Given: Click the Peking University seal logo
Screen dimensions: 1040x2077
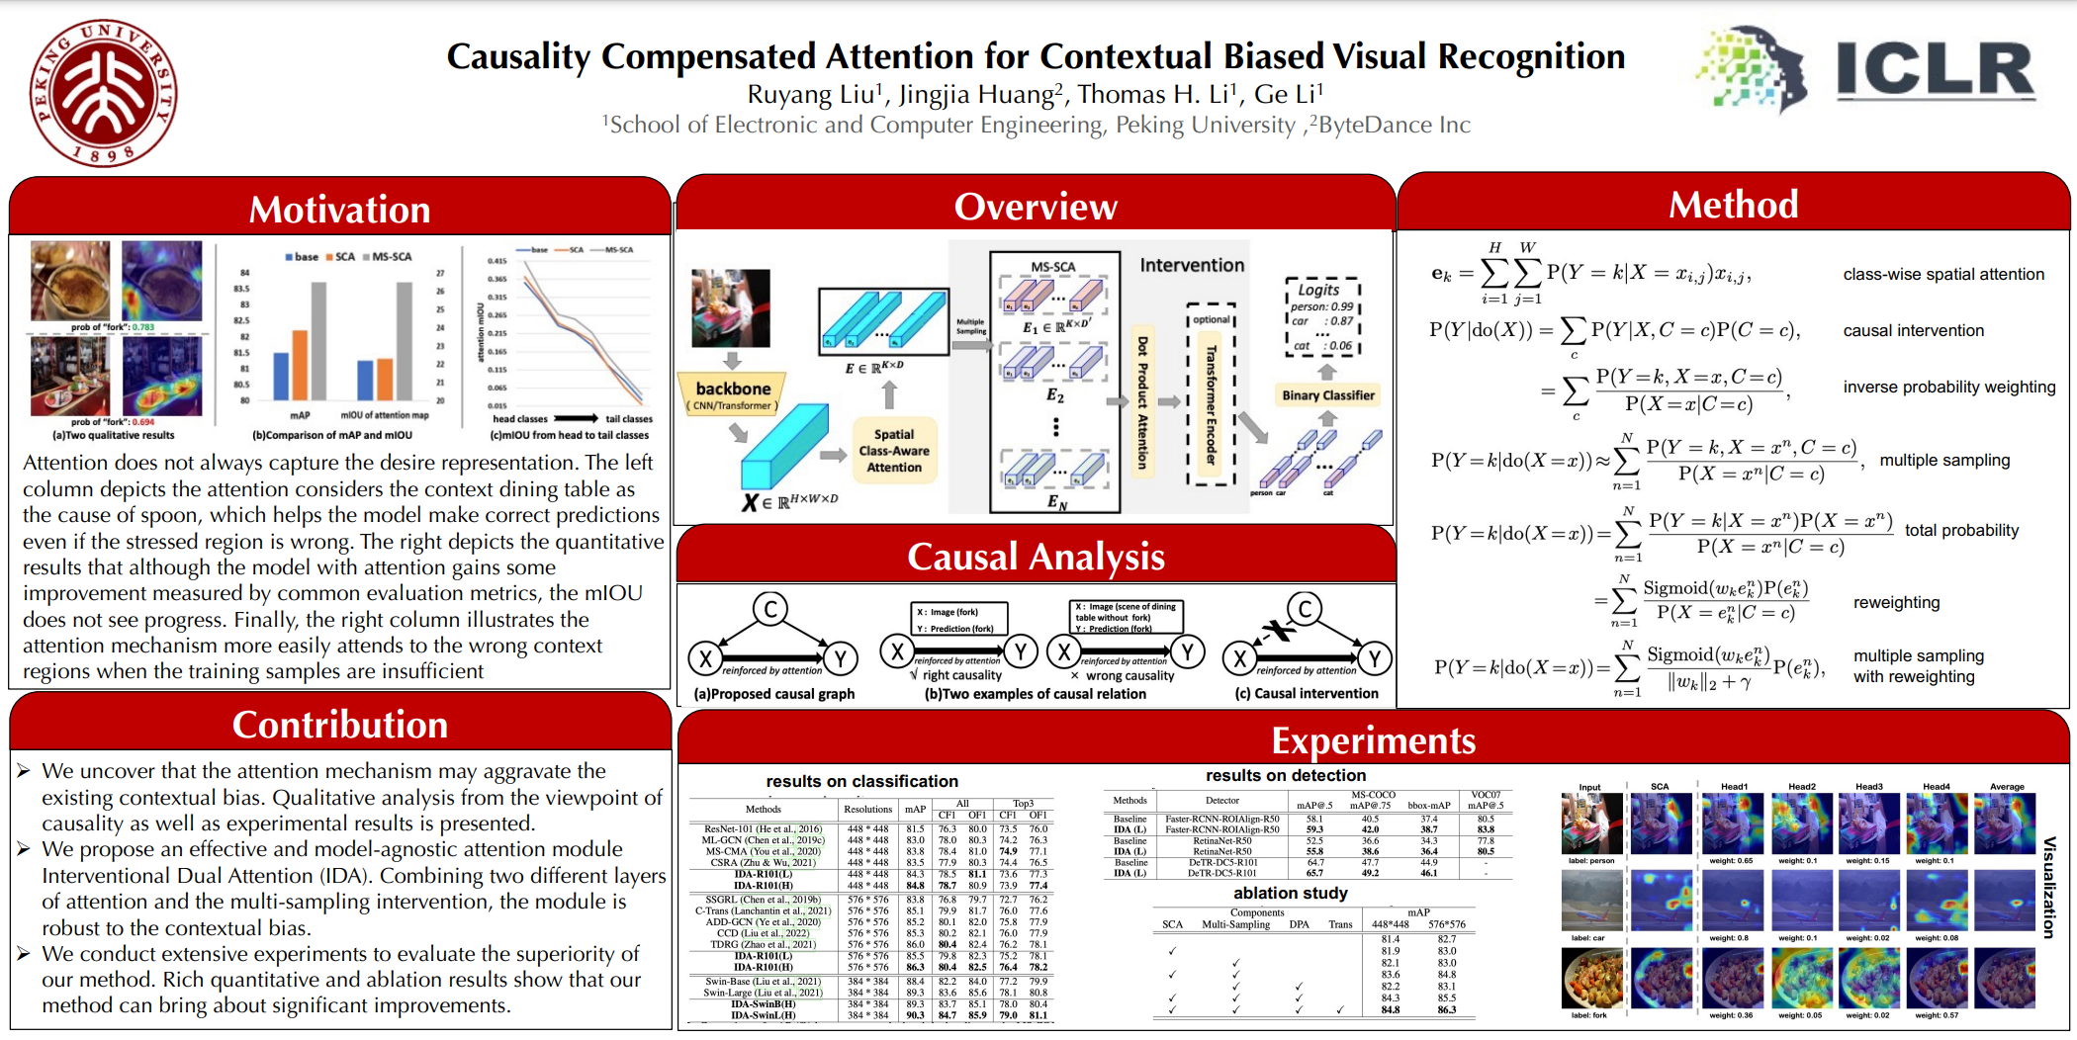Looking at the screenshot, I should [103, 92].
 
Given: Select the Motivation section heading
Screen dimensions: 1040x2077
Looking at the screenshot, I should [339, 210].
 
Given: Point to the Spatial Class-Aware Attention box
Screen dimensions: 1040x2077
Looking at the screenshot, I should [893, 451].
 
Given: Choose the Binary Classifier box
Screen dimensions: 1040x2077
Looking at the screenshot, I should [1328, 395].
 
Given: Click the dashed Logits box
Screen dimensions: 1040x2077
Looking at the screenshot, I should [1322, 317].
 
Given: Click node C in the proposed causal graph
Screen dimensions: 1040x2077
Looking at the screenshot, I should [769, 609].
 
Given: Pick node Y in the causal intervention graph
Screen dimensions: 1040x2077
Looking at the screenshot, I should [1374, 657].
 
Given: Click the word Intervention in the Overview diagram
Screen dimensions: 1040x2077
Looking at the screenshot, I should [1192, 265].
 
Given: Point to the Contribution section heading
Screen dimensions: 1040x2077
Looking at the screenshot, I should [339, 725].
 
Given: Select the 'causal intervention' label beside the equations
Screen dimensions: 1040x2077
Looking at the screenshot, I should [1913, 330].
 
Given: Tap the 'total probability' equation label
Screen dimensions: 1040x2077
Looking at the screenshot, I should [1961, 530].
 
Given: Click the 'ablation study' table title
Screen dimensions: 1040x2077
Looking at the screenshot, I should [1290, 893].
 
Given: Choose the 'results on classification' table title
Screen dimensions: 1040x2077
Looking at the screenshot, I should [861, 781].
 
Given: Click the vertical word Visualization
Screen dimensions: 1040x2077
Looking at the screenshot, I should [2049, 887].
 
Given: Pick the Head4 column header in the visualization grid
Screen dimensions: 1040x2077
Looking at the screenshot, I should [1936, 787].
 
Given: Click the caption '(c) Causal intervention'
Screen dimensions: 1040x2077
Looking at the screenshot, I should [1306, 693].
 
